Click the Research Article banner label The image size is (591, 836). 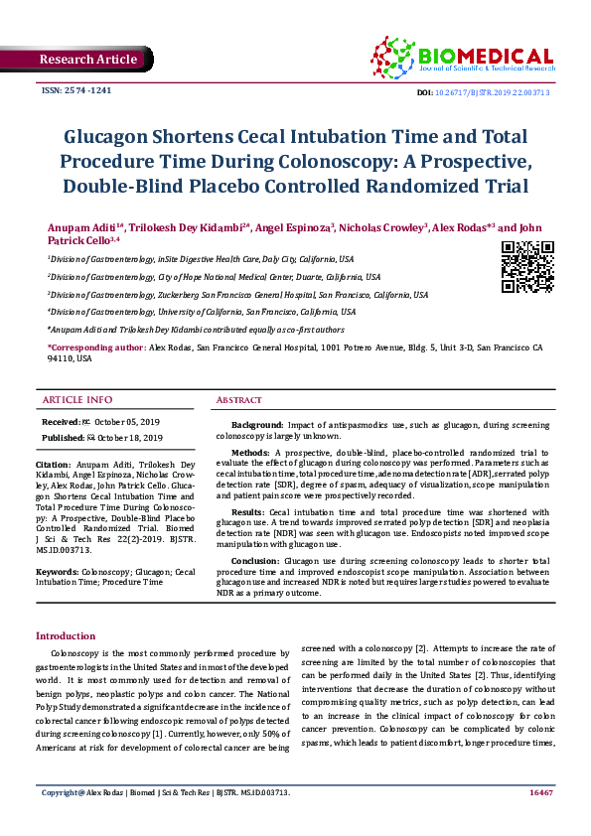pyautogui.click(x=88, y=60)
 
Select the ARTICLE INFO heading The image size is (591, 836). pyautogui.click(x=76, y=400)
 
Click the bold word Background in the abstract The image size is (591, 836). pyautogui.click(x=257, y=424)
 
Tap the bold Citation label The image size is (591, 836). pyautogui.click(x=53, y=464)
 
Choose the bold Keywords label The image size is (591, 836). pyautogui.click(x=57, y=573)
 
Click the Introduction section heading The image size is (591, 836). pyautogui.click(x=66, y=635)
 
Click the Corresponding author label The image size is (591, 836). pyautogui.click(x=95, y=348)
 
